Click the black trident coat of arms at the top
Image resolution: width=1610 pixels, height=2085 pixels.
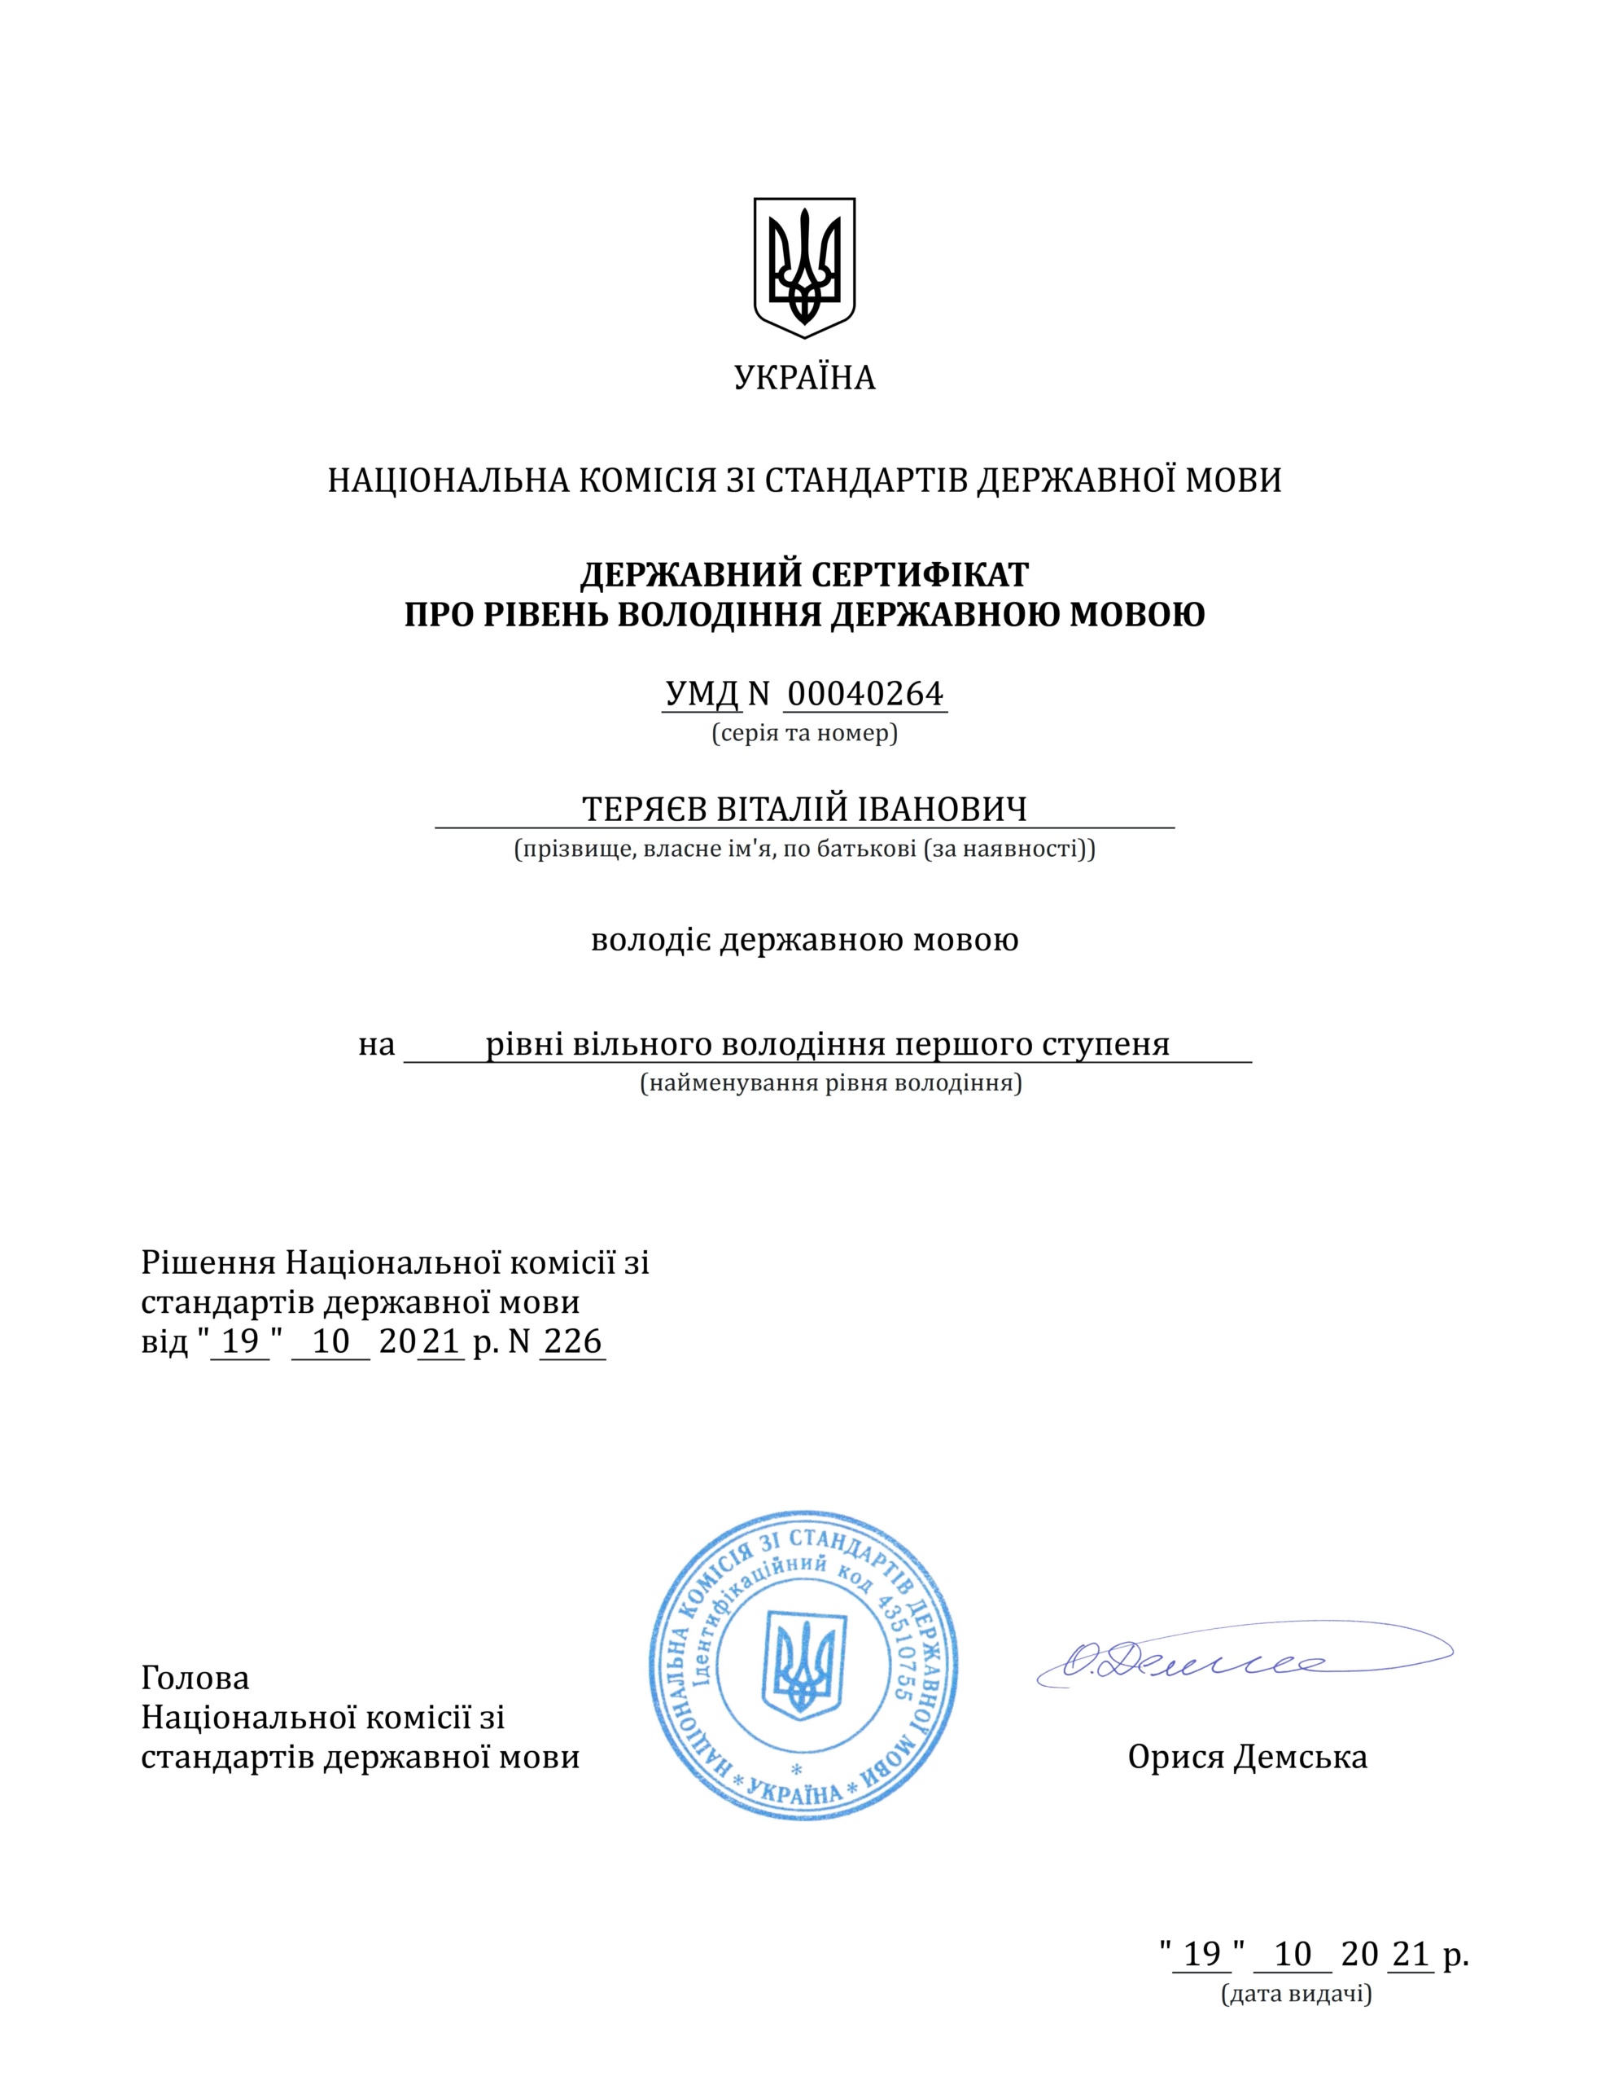click(x=803, y=266)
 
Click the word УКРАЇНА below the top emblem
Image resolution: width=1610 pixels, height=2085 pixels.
click(x=803, y=378)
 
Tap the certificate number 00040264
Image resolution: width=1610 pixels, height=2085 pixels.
click(x=864, y=694)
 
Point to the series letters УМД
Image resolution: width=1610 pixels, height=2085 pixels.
click(x=702, y=694)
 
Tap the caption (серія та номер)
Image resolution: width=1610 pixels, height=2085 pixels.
click(x=803, y=733)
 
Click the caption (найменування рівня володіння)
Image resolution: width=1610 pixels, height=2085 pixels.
click(x=830, y=1083)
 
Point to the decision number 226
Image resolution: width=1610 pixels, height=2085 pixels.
click(x=572, y=1341)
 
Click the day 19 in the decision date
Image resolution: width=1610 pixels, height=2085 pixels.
click(x=240, y=1341)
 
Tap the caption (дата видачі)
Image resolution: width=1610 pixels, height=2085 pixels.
click(x=1296, y=1995)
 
